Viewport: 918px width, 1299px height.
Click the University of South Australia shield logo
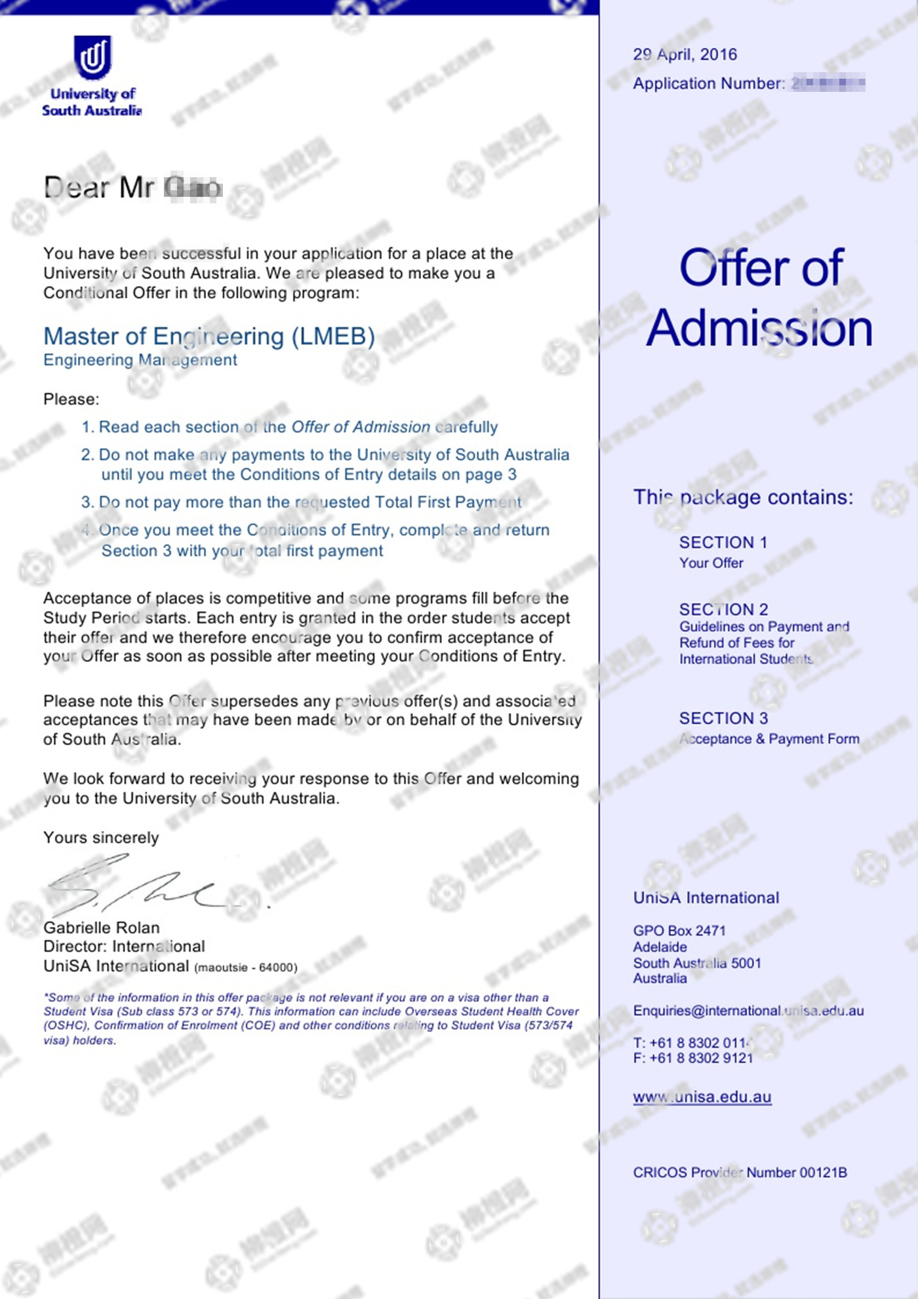coord(92,58)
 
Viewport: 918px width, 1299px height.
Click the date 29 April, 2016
coord(685,54)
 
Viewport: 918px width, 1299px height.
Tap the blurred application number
coord(828,84)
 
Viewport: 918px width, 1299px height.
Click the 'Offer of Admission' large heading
coord(760,298)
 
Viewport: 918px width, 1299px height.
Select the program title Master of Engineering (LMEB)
coord(209,337)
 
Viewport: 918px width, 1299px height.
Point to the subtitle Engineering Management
coord(140,360)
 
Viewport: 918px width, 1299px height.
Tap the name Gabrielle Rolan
coord(102,928)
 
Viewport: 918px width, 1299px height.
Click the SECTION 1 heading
coord(723,543)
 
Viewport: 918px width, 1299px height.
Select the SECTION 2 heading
coord(723,609)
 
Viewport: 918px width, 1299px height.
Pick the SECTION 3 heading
coord(723,718)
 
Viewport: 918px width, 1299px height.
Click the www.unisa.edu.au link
coord(702,1097)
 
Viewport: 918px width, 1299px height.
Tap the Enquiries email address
coord(748,1011)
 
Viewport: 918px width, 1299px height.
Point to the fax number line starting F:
coord(693,1058)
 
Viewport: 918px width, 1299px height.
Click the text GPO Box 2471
coord(679,931)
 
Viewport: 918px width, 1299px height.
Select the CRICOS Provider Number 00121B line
coord(740,1172)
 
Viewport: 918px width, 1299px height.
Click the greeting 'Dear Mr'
coord(98,188)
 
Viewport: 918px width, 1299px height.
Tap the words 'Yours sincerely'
coord(101,838)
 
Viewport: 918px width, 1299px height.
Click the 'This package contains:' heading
coord(743,497)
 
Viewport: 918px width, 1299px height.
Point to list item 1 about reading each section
coord(289,427)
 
